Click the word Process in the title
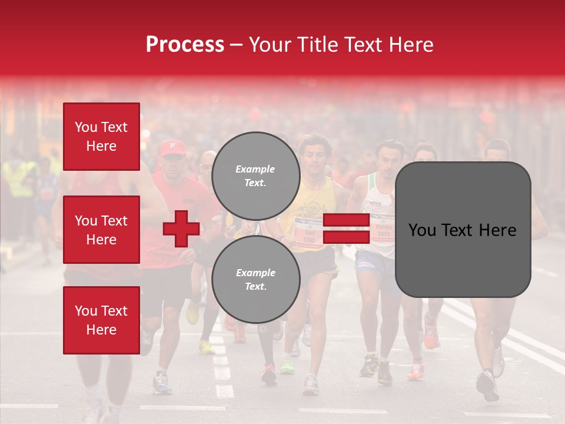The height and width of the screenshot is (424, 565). coord(185,45)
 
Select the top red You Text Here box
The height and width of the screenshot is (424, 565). coord(101,137)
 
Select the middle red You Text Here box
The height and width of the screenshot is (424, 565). coord(101,230)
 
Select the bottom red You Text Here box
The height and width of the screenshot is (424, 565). coord(101,320)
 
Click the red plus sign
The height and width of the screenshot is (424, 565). coord(181,228)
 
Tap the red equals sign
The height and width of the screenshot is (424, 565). coord(346,228)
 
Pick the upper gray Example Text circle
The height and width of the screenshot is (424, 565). coord(255,176)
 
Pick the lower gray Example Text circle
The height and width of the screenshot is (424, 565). coord(255,279)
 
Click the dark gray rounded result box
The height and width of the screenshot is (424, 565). coord(463,230)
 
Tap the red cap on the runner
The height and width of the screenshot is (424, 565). coord(172,148)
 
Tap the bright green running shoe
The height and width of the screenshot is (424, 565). coord(287,366)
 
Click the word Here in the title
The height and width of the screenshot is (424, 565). coord(410,45)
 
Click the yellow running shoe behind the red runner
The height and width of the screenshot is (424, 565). coord(192,313)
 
